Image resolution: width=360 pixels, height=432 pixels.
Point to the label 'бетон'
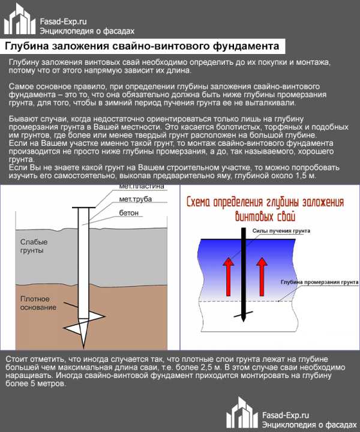point(129,212)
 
